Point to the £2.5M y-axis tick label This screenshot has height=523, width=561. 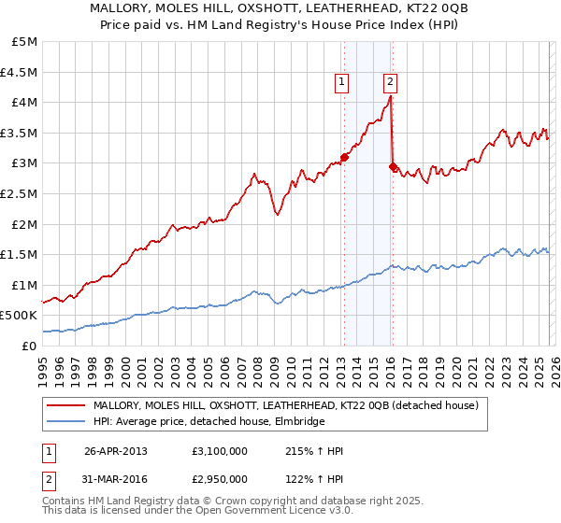20,193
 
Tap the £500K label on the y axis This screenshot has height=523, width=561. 20,316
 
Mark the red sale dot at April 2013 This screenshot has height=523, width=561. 344,157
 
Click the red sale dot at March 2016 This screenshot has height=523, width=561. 393,166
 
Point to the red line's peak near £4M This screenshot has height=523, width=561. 390,95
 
